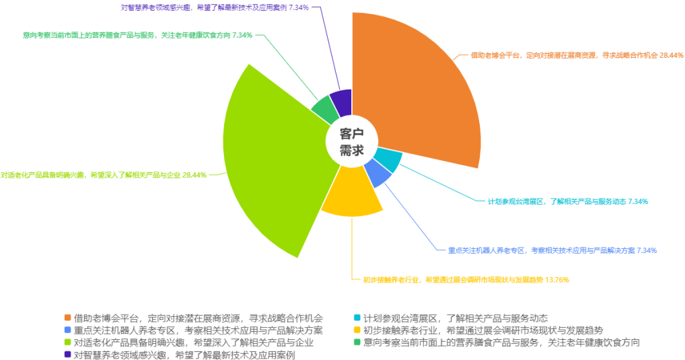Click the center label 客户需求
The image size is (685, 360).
pos(351,141)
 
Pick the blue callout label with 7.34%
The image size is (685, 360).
pos(552,250)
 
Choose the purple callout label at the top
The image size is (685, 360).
pos(215,7)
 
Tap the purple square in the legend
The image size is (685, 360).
pos(67,354)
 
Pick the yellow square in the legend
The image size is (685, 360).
pos(357,330)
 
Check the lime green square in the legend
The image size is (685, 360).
pos(67,342)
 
